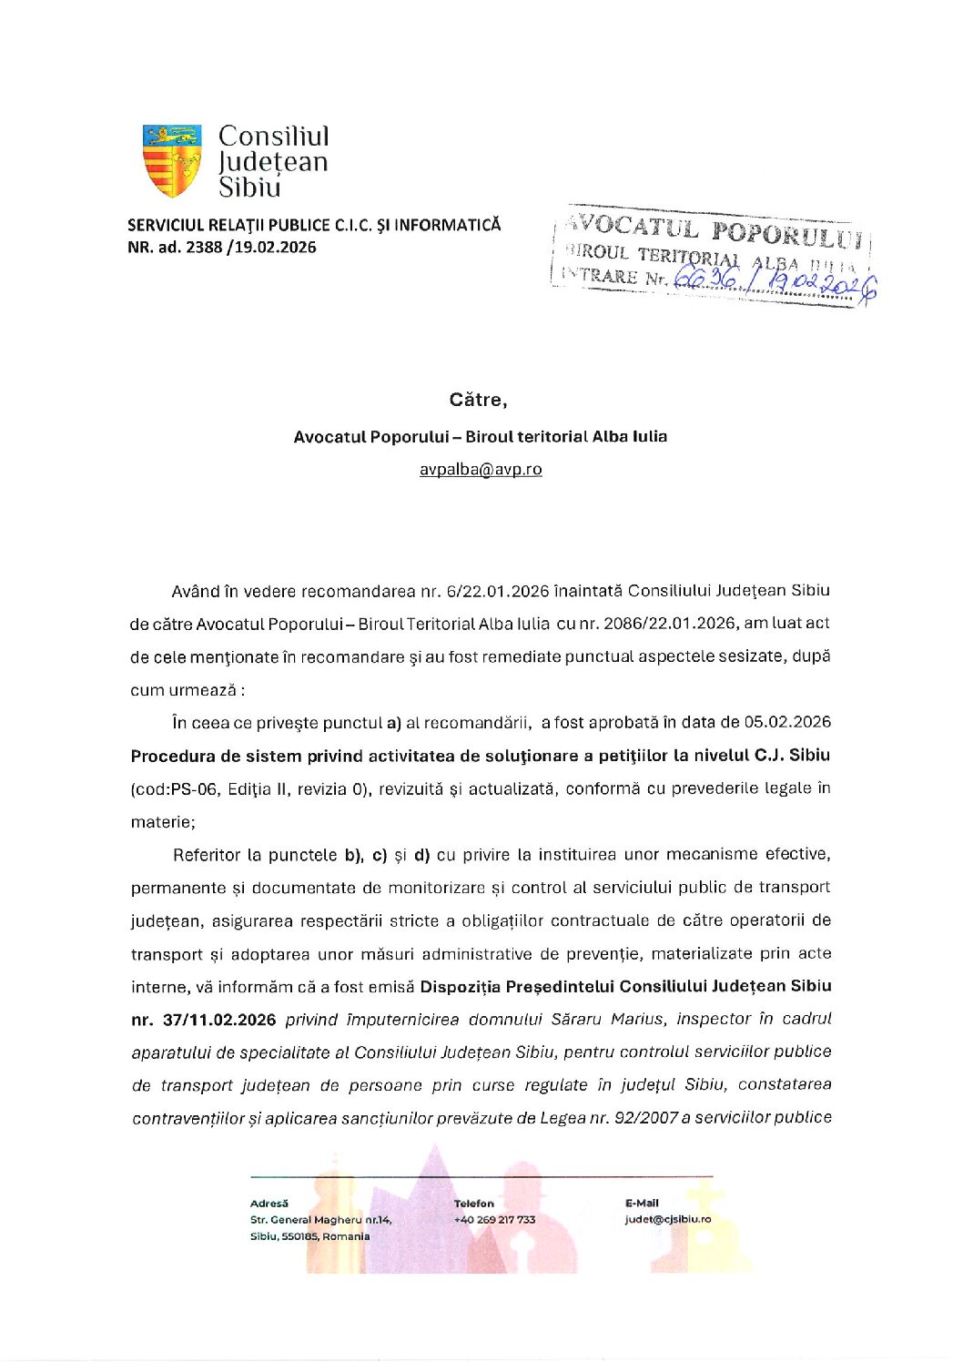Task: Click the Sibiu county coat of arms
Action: pyautogui.click(x=172, y=161)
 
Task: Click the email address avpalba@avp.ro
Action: pyautogui.click(x=481, y=470)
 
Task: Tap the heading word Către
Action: pyautogui.click(x=478, y=400)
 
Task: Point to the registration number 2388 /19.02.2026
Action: pyautogui.click(x=250, y=248)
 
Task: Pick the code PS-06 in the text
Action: pyautogui.click(x=192, y=788)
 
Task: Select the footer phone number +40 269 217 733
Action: pyautogui.click(x=494, y=1220)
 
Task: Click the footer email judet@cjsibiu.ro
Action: pyautogui.click(x=667, y=1220)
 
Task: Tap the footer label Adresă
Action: pyautogui.click(x=269, y=1204)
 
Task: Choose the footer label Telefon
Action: pyautogui.click(x=473, y=1204)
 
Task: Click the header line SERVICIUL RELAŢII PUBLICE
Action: pyautogui.click(x=314, y=226)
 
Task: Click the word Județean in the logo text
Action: pyautogui.click(x=272, y=162)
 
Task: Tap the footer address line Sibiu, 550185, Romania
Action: pyautogui.click(x=309, y=1236)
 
